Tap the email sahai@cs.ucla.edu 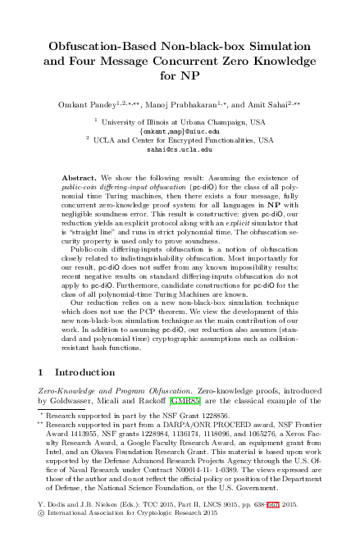point(180,151)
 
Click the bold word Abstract point(80,177)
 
